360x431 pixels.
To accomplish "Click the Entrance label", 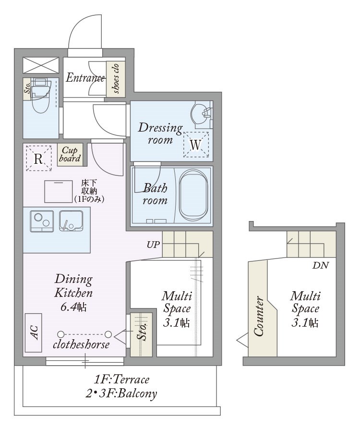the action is click(85, 78).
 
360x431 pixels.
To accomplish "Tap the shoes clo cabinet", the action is click(116, 79).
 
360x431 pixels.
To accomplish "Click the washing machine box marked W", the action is click(196, 145).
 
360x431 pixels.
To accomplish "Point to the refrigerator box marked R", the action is click(39, 159).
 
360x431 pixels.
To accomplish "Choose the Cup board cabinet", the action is click(70, 155).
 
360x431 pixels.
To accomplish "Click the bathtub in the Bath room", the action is click(193, 195).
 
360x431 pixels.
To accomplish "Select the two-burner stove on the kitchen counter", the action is click(42, 222).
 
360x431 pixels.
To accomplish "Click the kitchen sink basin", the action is click(71, 221).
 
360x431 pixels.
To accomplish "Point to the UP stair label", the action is click(153, 245).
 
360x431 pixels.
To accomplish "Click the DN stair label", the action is click(321, 265).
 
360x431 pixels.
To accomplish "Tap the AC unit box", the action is click(34, 332).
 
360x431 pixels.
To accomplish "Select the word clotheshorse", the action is click(81, 345).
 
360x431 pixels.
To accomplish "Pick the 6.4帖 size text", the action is click(73, 307).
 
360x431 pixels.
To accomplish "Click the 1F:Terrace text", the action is click(121, 380).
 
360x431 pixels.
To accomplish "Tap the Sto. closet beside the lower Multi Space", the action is click(142, 334).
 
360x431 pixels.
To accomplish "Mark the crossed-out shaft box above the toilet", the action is click(41, 65).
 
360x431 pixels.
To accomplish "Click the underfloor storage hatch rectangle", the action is click(59, 192).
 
